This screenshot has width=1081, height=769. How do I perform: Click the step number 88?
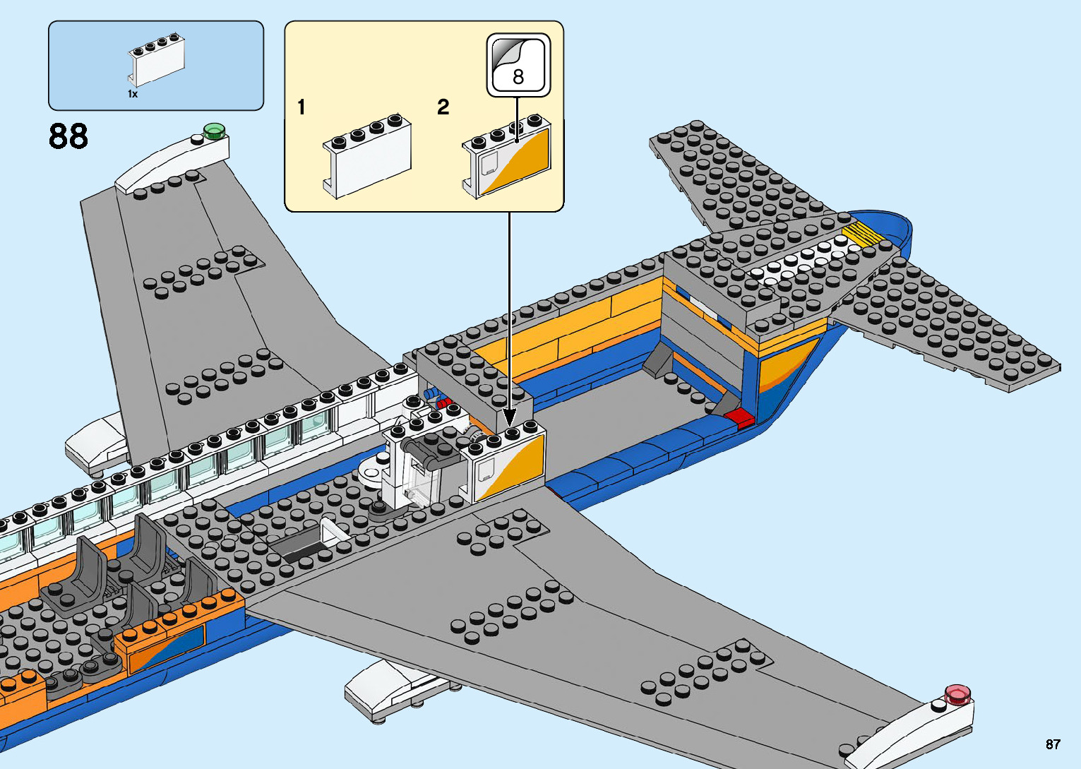tap(68, 136)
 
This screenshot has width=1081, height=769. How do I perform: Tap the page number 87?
tap(1053, 744)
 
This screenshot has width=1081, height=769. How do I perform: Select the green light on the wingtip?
tap(213, 131)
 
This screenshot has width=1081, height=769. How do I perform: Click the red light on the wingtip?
tap(957, 694)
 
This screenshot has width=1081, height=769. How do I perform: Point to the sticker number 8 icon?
tap(518, 65)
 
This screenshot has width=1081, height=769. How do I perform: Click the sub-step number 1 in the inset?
tap(301, 107)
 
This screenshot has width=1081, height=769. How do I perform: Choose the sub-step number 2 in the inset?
tap(443, 107)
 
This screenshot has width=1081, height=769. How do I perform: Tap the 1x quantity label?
tap(133, 94)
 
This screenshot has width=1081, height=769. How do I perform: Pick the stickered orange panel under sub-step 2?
tap(507, 159)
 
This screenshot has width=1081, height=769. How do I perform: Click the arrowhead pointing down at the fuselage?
tap(508, 417)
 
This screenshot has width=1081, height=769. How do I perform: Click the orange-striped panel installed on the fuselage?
tap(507, 467)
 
